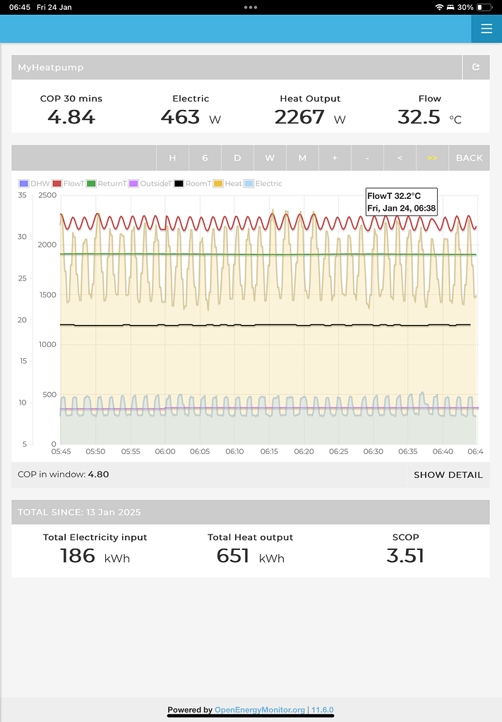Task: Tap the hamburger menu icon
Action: tap(486, 29)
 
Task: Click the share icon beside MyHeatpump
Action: tap(476, 67)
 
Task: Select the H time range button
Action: tap(172, 158)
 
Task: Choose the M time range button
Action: tap(302, 158)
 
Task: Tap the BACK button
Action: tap(469, 158)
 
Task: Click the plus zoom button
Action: tap(335, 158)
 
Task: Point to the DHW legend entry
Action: tap(35, 183)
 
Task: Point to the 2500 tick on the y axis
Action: tap(48, 195)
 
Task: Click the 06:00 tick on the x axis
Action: tap(165, 451)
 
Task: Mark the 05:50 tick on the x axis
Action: tap(95, 451)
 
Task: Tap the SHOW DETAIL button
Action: tap(448, 475)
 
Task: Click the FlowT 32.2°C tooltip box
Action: tap(401, 201)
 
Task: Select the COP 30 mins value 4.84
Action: tap(71, 116)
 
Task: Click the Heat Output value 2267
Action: tap(299, 116)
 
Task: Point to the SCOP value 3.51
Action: tap(405, 556)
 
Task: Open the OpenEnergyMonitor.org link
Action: tap(259, 710)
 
